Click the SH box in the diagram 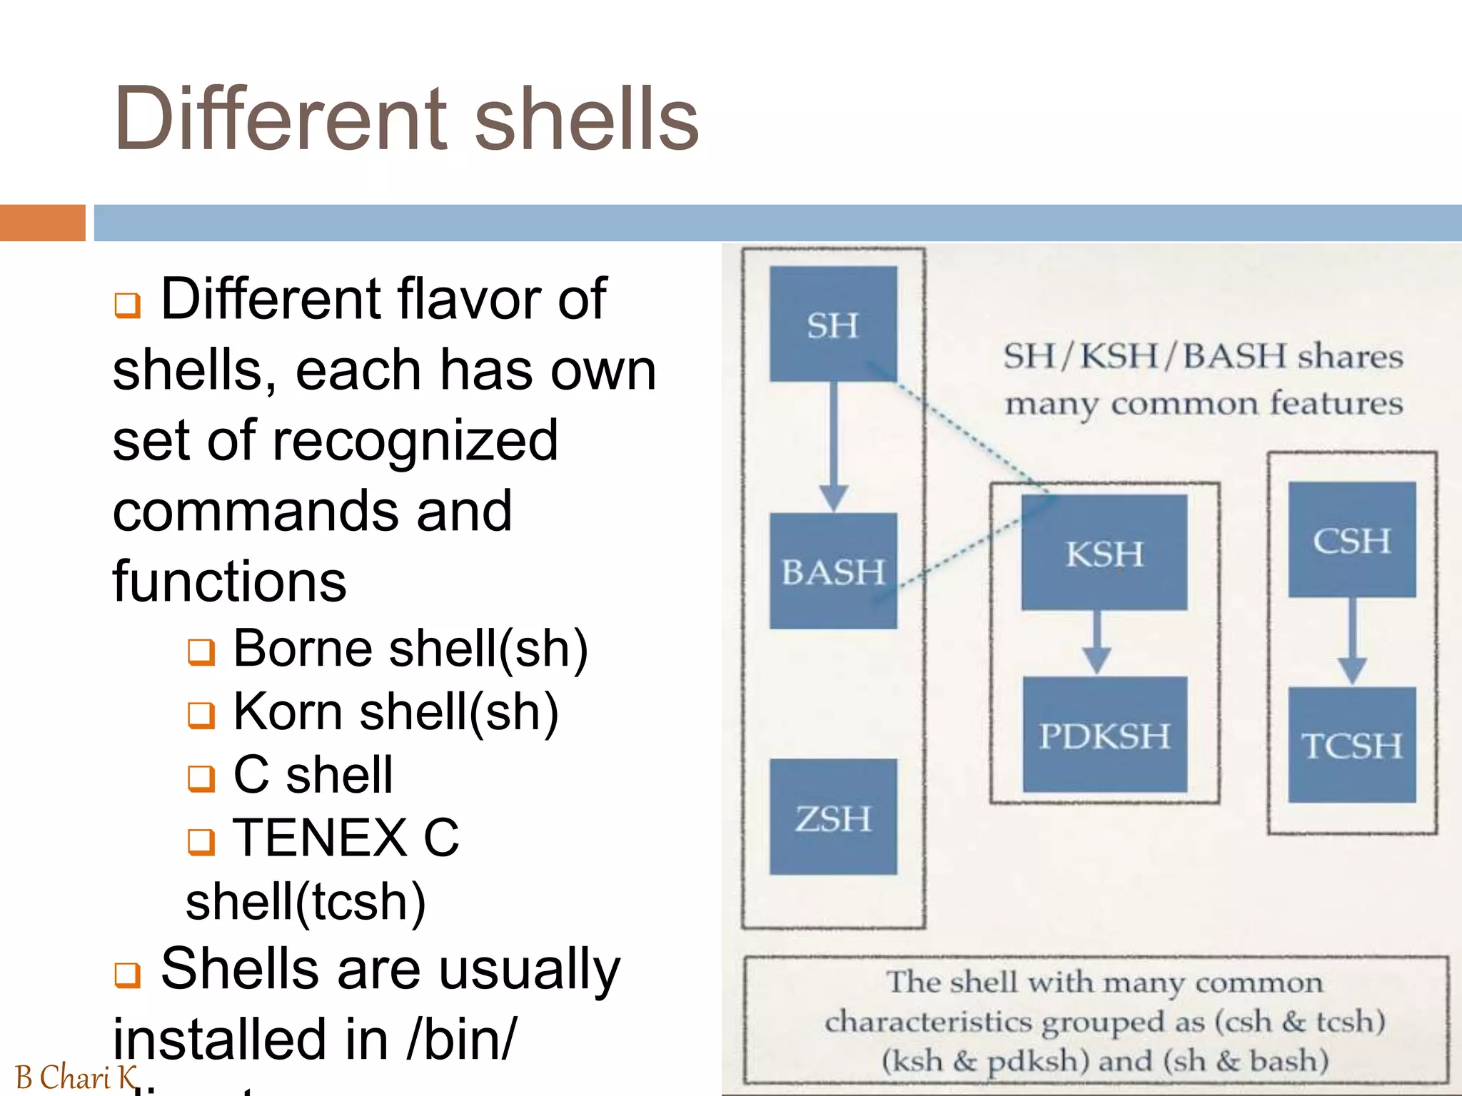click(x=833, y=324)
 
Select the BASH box click(x=833, y=571)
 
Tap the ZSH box click(x=833, y=817)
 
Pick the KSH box click(x=1104, y=553)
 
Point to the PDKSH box click(x=1104, y=735)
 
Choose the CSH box click(x=1352, y=540)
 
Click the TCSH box click(x=1352, y=745)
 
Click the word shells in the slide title click(x=586, y=118)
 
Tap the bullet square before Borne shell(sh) click(x=201, y=651)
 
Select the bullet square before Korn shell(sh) click(x=201, y=714)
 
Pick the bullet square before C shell click(x=201, y=778)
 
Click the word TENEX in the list click(x=320, y=838)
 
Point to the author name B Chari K click(x=75, y=1077)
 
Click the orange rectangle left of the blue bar click(x=42, y=223)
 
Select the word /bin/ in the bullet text click(x=460, y=1039)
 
